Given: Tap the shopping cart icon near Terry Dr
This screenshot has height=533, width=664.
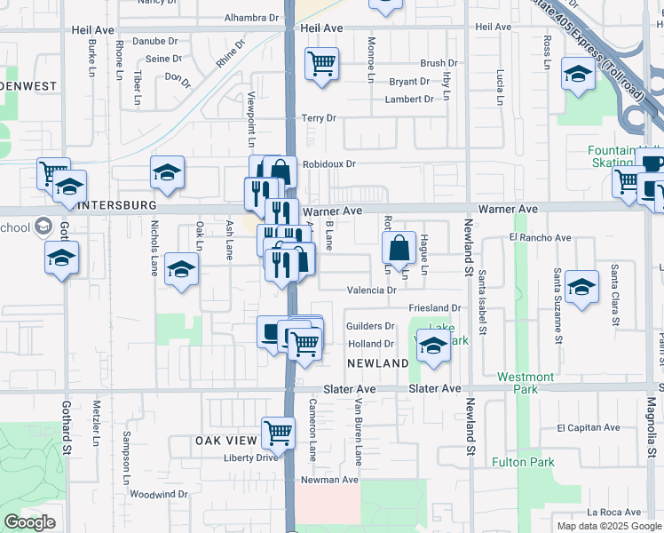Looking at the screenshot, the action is (x=321, y=64).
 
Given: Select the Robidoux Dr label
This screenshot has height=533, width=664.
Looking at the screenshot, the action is (x=328, y=164).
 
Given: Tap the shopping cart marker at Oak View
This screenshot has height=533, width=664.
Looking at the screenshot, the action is (x=278, y=434).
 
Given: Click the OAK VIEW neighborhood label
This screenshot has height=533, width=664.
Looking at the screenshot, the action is (x=226, y=441).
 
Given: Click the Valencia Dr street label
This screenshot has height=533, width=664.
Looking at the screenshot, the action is (x=371, y=290).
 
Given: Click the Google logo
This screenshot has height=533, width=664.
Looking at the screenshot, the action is (x=30, y=522).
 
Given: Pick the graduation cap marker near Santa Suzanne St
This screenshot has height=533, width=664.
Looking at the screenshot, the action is (x=581, y=287).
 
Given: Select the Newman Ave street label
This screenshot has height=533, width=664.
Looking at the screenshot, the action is (x=329, y=480).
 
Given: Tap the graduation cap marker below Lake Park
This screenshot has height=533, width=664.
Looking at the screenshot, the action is (x=432, y=347).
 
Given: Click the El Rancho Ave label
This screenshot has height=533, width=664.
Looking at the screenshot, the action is (x=540, y=238).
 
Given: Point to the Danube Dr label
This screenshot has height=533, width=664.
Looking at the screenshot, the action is (x=155, y=41).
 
